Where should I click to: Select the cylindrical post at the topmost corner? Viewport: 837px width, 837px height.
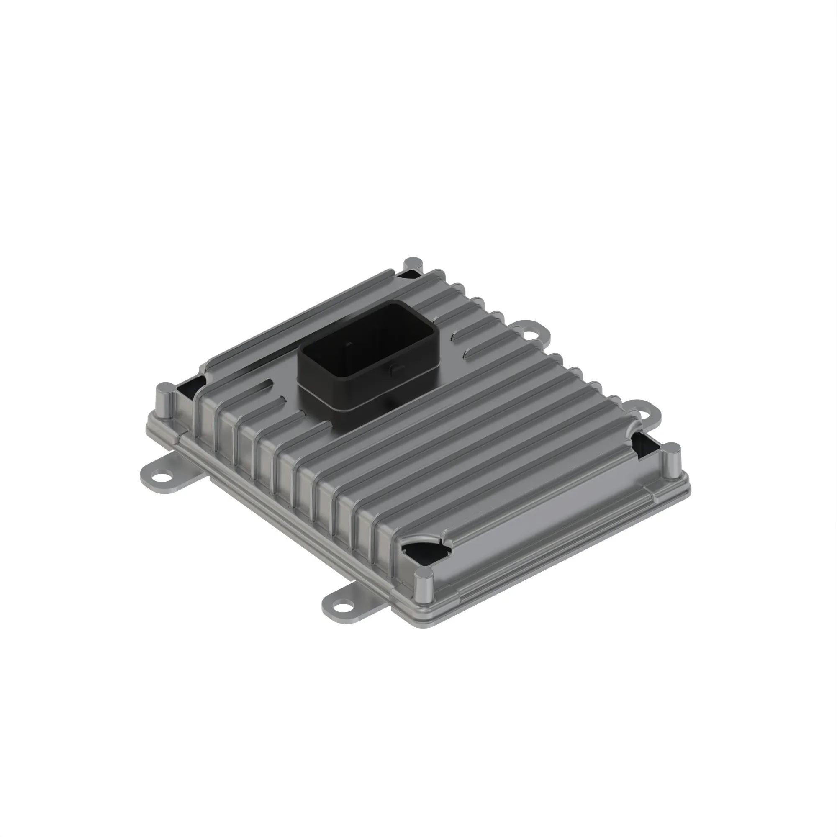(413, 265)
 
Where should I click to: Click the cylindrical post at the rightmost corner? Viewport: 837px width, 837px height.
(671, 459)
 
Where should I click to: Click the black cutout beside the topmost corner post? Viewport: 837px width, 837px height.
(407, 274)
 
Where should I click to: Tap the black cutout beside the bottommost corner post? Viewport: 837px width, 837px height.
(422, 552)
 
